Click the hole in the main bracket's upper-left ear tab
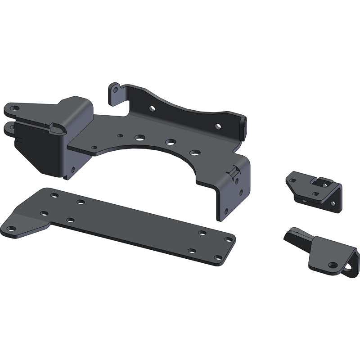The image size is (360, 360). click(14, 108)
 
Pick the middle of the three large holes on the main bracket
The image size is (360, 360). click(170, 142)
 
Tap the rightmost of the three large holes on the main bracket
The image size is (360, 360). click(194, 153)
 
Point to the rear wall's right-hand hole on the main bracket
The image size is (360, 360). click(218, 126)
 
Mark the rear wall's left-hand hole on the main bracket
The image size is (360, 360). click(153, 108)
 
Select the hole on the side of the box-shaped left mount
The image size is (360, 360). click(72, 170)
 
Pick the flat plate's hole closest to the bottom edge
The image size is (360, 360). click(218, 258)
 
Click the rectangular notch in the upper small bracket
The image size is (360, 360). click(321, 182)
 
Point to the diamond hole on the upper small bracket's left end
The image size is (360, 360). click(293, 180)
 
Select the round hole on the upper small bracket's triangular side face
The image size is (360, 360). click(333, 203)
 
